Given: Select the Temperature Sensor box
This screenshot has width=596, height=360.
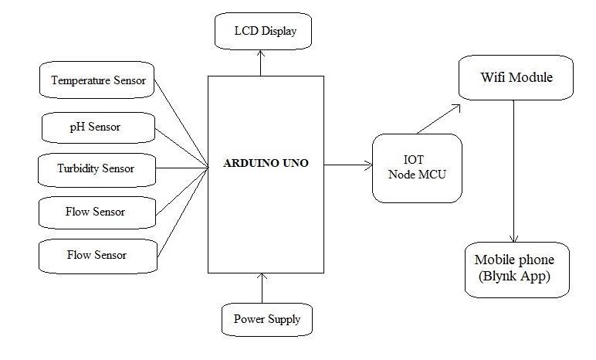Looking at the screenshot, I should (97, 80).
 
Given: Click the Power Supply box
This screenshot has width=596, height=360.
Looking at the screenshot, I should (267, 318).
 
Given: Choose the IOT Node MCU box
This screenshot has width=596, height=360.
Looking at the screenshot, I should (417, 168).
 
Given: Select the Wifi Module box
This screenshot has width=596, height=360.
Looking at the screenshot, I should (516, 77).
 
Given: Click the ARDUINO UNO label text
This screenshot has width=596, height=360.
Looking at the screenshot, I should (266, 164).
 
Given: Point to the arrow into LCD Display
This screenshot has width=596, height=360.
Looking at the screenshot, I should (261, 62).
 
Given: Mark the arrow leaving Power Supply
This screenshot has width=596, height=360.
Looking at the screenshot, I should (262, 287).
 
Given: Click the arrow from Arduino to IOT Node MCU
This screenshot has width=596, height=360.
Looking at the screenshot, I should (347, 165).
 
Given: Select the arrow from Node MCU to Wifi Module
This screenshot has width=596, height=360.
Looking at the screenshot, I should (439, 117).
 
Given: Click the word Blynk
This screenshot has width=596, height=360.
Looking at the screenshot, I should (501, 275).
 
